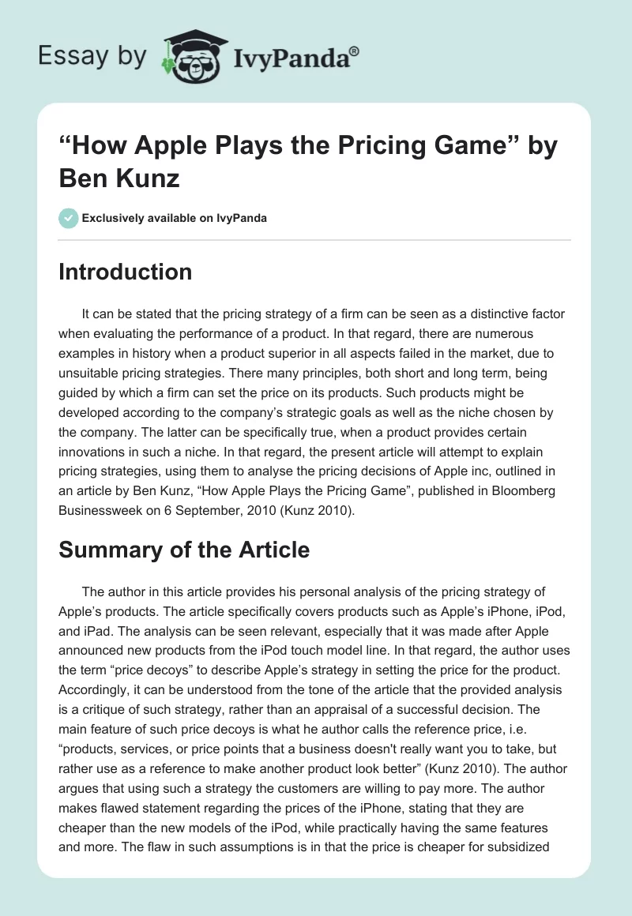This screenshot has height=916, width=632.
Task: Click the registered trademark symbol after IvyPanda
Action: click(355, 51)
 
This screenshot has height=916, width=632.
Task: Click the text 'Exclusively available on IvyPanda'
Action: click(175, 218)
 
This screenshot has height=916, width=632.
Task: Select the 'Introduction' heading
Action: click(126, 272)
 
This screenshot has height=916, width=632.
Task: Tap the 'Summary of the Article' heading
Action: click(184, 550)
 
